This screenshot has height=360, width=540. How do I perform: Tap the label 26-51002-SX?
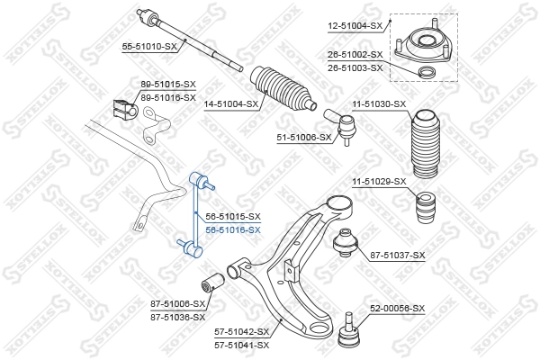(x=355, y=55)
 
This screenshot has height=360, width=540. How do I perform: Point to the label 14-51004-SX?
(x=229, y=104)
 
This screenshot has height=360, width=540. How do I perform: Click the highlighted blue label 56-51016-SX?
(x=233, y=229)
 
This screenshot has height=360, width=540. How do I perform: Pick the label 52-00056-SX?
(x=398, y=308)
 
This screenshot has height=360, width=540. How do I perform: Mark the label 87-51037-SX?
(x=398, y=256)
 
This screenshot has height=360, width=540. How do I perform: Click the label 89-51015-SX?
(x=168, y=85)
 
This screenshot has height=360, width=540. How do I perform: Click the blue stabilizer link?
(x=197, y=221)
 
